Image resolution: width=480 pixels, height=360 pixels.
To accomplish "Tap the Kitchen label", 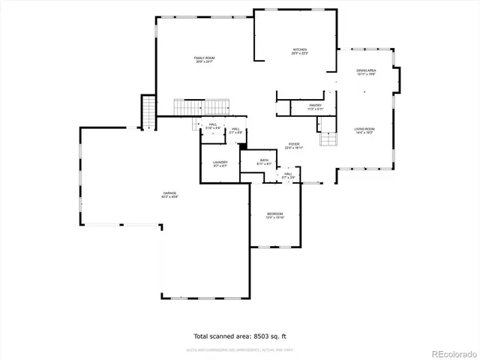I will pos(300,49).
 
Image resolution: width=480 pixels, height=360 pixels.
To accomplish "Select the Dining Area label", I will pos(366,70).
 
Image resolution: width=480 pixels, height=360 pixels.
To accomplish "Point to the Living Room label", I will pos(364,128).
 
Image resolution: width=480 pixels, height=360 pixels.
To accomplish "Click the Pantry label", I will pos(316,106).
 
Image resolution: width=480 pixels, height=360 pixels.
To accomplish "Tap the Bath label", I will pos(264,160).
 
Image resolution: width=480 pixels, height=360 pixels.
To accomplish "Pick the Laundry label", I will pos(220,163).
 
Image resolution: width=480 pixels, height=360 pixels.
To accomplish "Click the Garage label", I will pos(170,193).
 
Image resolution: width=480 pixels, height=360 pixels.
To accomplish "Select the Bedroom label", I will pos(274,214).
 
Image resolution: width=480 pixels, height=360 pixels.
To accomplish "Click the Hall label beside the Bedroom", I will pos(288,174).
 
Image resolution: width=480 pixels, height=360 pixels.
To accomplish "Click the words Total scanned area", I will pos(223,337).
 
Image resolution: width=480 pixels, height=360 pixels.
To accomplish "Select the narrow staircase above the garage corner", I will pos(148,112).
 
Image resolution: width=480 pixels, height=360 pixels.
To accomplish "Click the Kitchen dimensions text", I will pos(300,54).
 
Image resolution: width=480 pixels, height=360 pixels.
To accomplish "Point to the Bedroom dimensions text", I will pos(274,218).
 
